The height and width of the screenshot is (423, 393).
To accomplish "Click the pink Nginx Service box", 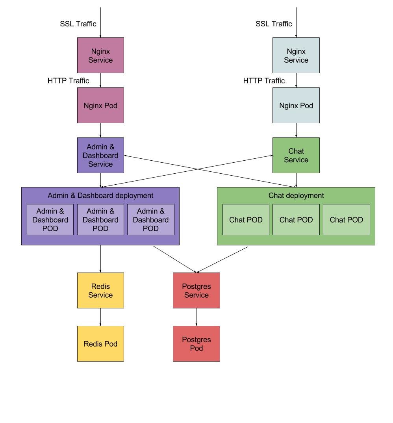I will tap(100, 56).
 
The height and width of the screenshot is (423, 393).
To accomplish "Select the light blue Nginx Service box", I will tap(296, 56).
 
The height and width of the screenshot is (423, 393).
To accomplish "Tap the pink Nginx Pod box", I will tap(100, 106).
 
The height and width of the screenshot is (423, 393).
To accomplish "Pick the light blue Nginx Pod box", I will tap(296, 106).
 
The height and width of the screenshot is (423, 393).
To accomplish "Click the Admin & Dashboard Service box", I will tap(100, 155).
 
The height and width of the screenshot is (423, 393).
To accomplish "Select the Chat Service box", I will tap(296, 155).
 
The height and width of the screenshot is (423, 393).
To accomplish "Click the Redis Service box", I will tap(100, 290).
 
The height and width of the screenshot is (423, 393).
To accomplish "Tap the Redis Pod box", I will tap(100, 343).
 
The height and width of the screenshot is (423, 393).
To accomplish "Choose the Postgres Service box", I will tap(196, 290).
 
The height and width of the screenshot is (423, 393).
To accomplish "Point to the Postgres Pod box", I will tap(196, 343).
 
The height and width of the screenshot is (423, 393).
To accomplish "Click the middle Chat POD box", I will tap(296, 220).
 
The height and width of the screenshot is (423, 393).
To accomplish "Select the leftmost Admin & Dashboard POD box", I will tap(50, 220).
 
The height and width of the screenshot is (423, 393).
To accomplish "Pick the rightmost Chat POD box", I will tap(346, 220).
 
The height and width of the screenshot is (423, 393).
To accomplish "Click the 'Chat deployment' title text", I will tap(296, 195).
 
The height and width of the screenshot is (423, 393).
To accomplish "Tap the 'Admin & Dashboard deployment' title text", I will tap(100, 195).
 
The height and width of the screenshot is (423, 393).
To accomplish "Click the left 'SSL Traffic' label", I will tap(78, 24).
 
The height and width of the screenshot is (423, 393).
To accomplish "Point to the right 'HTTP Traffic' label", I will tap(264, 81).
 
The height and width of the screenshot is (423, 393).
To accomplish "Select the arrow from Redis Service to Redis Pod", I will tap(100, 317).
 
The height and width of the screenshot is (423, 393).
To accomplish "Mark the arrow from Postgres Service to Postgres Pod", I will tap(196, 317).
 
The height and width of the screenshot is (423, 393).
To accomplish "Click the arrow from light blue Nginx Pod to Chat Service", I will tap(296, 130).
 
